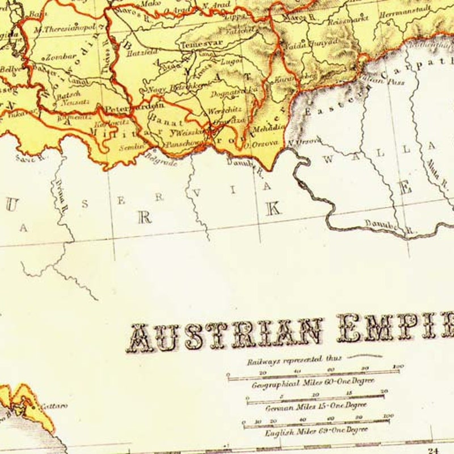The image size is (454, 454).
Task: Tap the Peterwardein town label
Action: click(x=133, y=105)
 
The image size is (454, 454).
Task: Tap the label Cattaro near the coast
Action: click(x=54, y=406)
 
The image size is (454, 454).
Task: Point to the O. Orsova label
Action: click(x=260, y=144)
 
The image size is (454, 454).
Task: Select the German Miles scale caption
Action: click(x=316, y=406)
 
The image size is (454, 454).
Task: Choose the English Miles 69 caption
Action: click(x=316, y=431)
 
